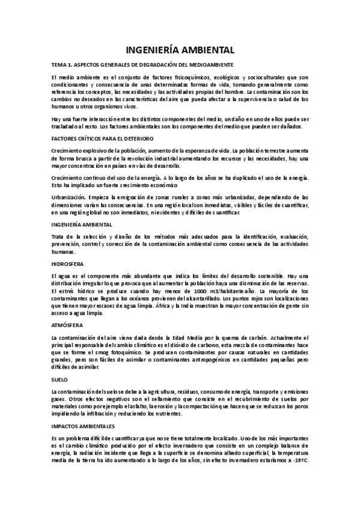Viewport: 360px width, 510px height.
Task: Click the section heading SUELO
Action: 61,380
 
